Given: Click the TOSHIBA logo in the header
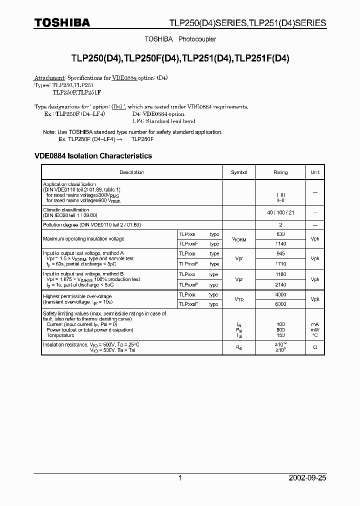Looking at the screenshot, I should tap(62, 22).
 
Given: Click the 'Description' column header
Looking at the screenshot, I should tap(131, 172).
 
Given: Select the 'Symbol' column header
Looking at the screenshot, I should tap(239, 172).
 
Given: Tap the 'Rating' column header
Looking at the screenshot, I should tap(280, 172).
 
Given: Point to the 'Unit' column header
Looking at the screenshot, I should tap(315, 172).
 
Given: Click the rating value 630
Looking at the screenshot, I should tap(280, 234).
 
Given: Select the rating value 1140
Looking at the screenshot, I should tap(280, 243).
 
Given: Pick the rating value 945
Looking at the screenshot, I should tap(280, 253).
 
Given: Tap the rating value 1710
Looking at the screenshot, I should tap(280, 263).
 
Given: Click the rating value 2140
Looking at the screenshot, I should tap(280, 284).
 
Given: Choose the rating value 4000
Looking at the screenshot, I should tap(280, 294).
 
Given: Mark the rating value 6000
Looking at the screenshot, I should tap(280, 304).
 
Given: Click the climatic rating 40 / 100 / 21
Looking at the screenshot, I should tap(280, 213).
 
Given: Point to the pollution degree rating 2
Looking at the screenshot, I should tap(280, 225).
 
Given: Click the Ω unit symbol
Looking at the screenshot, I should tap(315, 347).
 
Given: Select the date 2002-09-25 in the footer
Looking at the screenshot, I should tap(307, 478).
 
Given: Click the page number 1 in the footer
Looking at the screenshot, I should tap(180, 478).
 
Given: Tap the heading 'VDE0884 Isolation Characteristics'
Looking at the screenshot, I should tap(93, 156).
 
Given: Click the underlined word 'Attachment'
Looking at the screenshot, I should tap(49, 78).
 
